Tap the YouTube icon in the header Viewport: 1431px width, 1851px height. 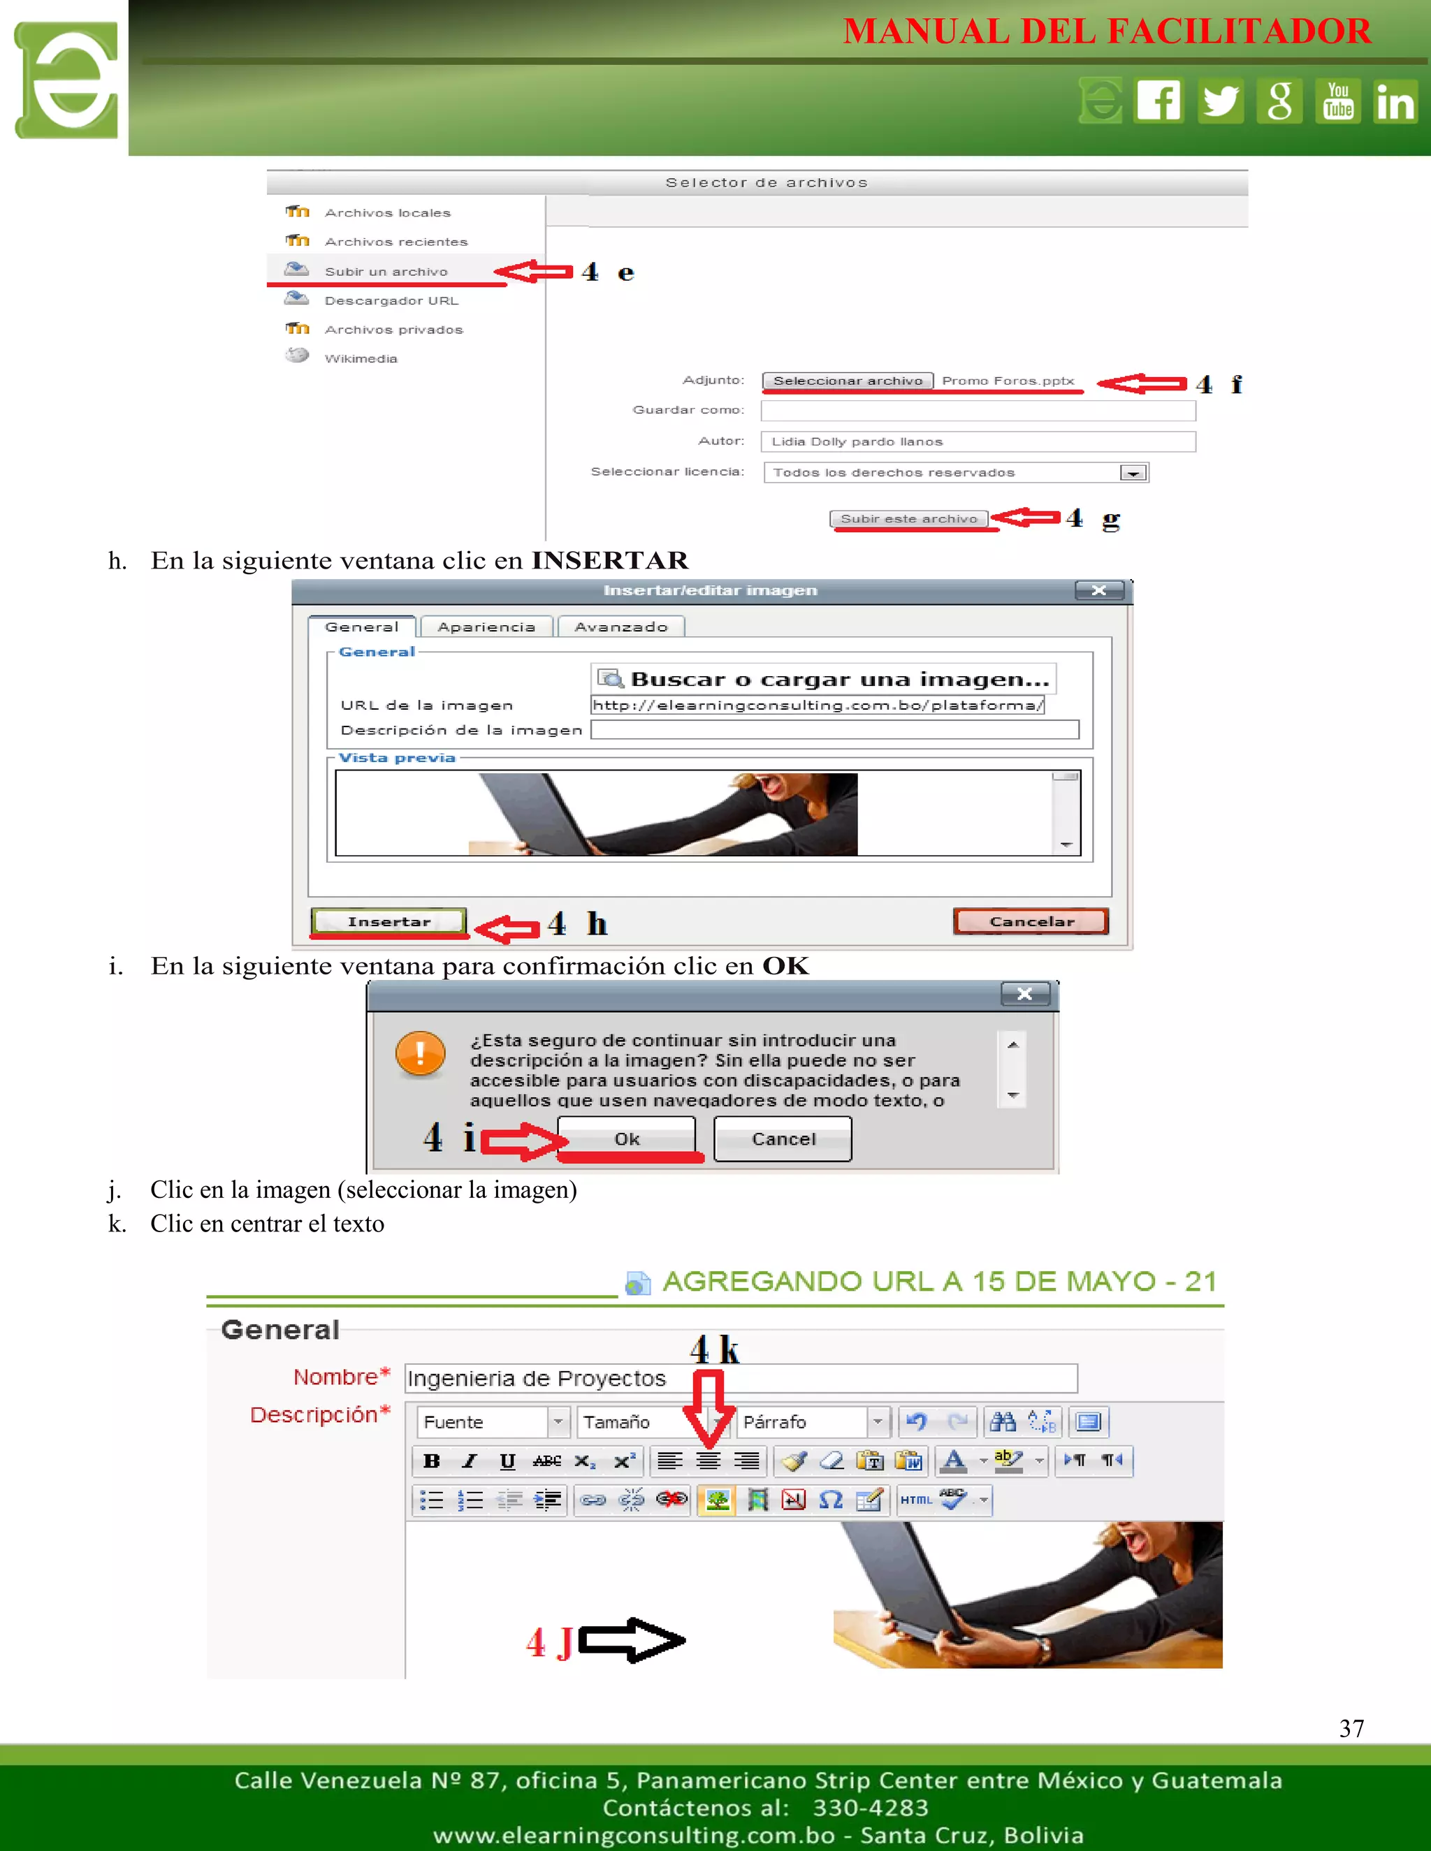point(1338,101)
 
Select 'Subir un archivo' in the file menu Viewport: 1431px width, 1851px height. point(386,271)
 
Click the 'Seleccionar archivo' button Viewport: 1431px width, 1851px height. point(847,381)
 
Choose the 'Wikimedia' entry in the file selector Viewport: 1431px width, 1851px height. point(361,358)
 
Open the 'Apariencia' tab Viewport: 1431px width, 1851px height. point(486,627)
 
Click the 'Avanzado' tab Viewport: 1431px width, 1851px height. point(620,627)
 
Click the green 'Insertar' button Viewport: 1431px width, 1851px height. point(389,921)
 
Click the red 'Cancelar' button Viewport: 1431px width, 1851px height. point(1031,921)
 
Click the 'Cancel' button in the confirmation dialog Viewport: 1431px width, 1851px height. point(783,1139)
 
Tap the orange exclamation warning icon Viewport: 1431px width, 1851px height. point(421,1053)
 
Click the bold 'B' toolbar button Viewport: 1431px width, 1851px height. point(432,1461)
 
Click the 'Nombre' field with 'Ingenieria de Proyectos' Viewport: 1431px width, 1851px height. point(740,1379)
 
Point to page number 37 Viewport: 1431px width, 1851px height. point(1351,1728)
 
